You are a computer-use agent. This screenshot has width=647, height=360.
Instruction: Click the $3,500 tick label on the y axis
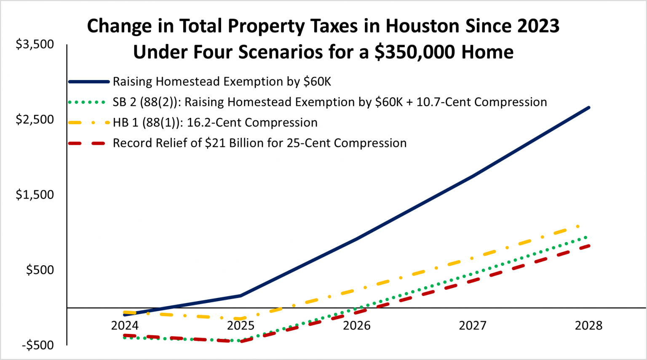(35, 44)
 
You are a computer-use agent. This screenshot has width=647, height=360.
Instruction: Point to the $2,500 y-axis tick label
(35, 120)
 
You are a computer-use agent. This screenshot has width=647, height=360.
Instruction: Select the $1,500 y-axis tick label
(35, 195)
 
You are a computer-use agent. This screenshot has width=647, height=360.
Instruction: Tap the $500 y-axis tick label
(40, 270)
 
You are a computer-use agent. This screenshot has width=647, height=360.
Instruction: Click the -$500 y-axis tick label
(38, 345)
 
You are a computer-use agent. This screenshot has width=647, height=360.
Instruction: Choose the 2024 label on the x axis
(125, 325)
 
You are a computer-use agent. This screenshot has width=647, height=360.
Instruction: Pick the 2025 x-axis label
(241, 325)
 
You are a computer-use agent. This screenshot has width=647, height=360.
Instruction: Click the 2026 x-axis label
(357, 325)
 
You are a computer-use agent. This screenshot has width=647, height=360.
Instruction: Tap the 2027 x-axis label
(473, 325)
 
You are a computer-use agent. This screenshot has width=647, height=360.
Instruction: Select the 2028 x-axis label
(588, 325)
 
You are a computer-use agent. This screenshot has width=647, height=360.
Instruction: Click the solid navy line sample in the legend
(89, 82)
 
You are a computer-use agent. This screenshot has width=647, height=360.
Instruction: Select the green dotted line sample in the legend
(87, 102)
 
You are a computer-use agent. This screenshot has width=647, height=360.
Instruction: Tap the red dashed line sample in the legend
(87, 144)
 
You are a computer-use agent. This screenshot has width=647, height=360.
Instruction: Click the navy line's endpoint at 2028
(588, 108)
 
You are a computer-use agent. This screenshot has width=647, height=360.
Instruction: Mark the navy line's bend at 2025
(241, 296)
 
